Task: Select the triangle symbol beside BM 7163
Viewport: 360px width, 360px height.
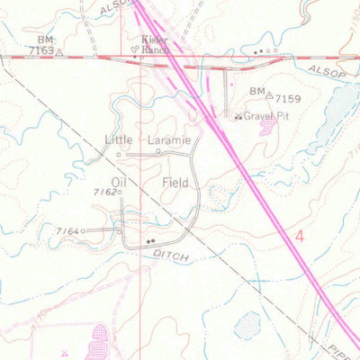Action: tap(60, 52)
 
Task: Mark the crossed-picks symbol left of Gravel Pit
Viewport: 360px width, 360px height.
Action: tap(238, 116)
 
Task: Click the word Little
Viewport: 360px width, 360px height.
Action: tap(118, 140)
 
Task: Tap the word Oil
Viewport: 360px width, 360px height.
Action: tap(120, 181)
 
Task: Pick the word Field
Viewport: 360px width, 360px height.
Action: tap(175, 182)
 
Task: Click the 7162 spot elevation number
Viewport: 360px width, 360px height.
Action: tap(104, 192)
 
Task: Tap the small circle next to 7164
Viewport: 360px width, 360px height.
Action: tap(83, 231)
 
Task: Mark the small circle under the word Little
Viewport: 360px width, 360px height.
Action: tap(118, 154)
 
